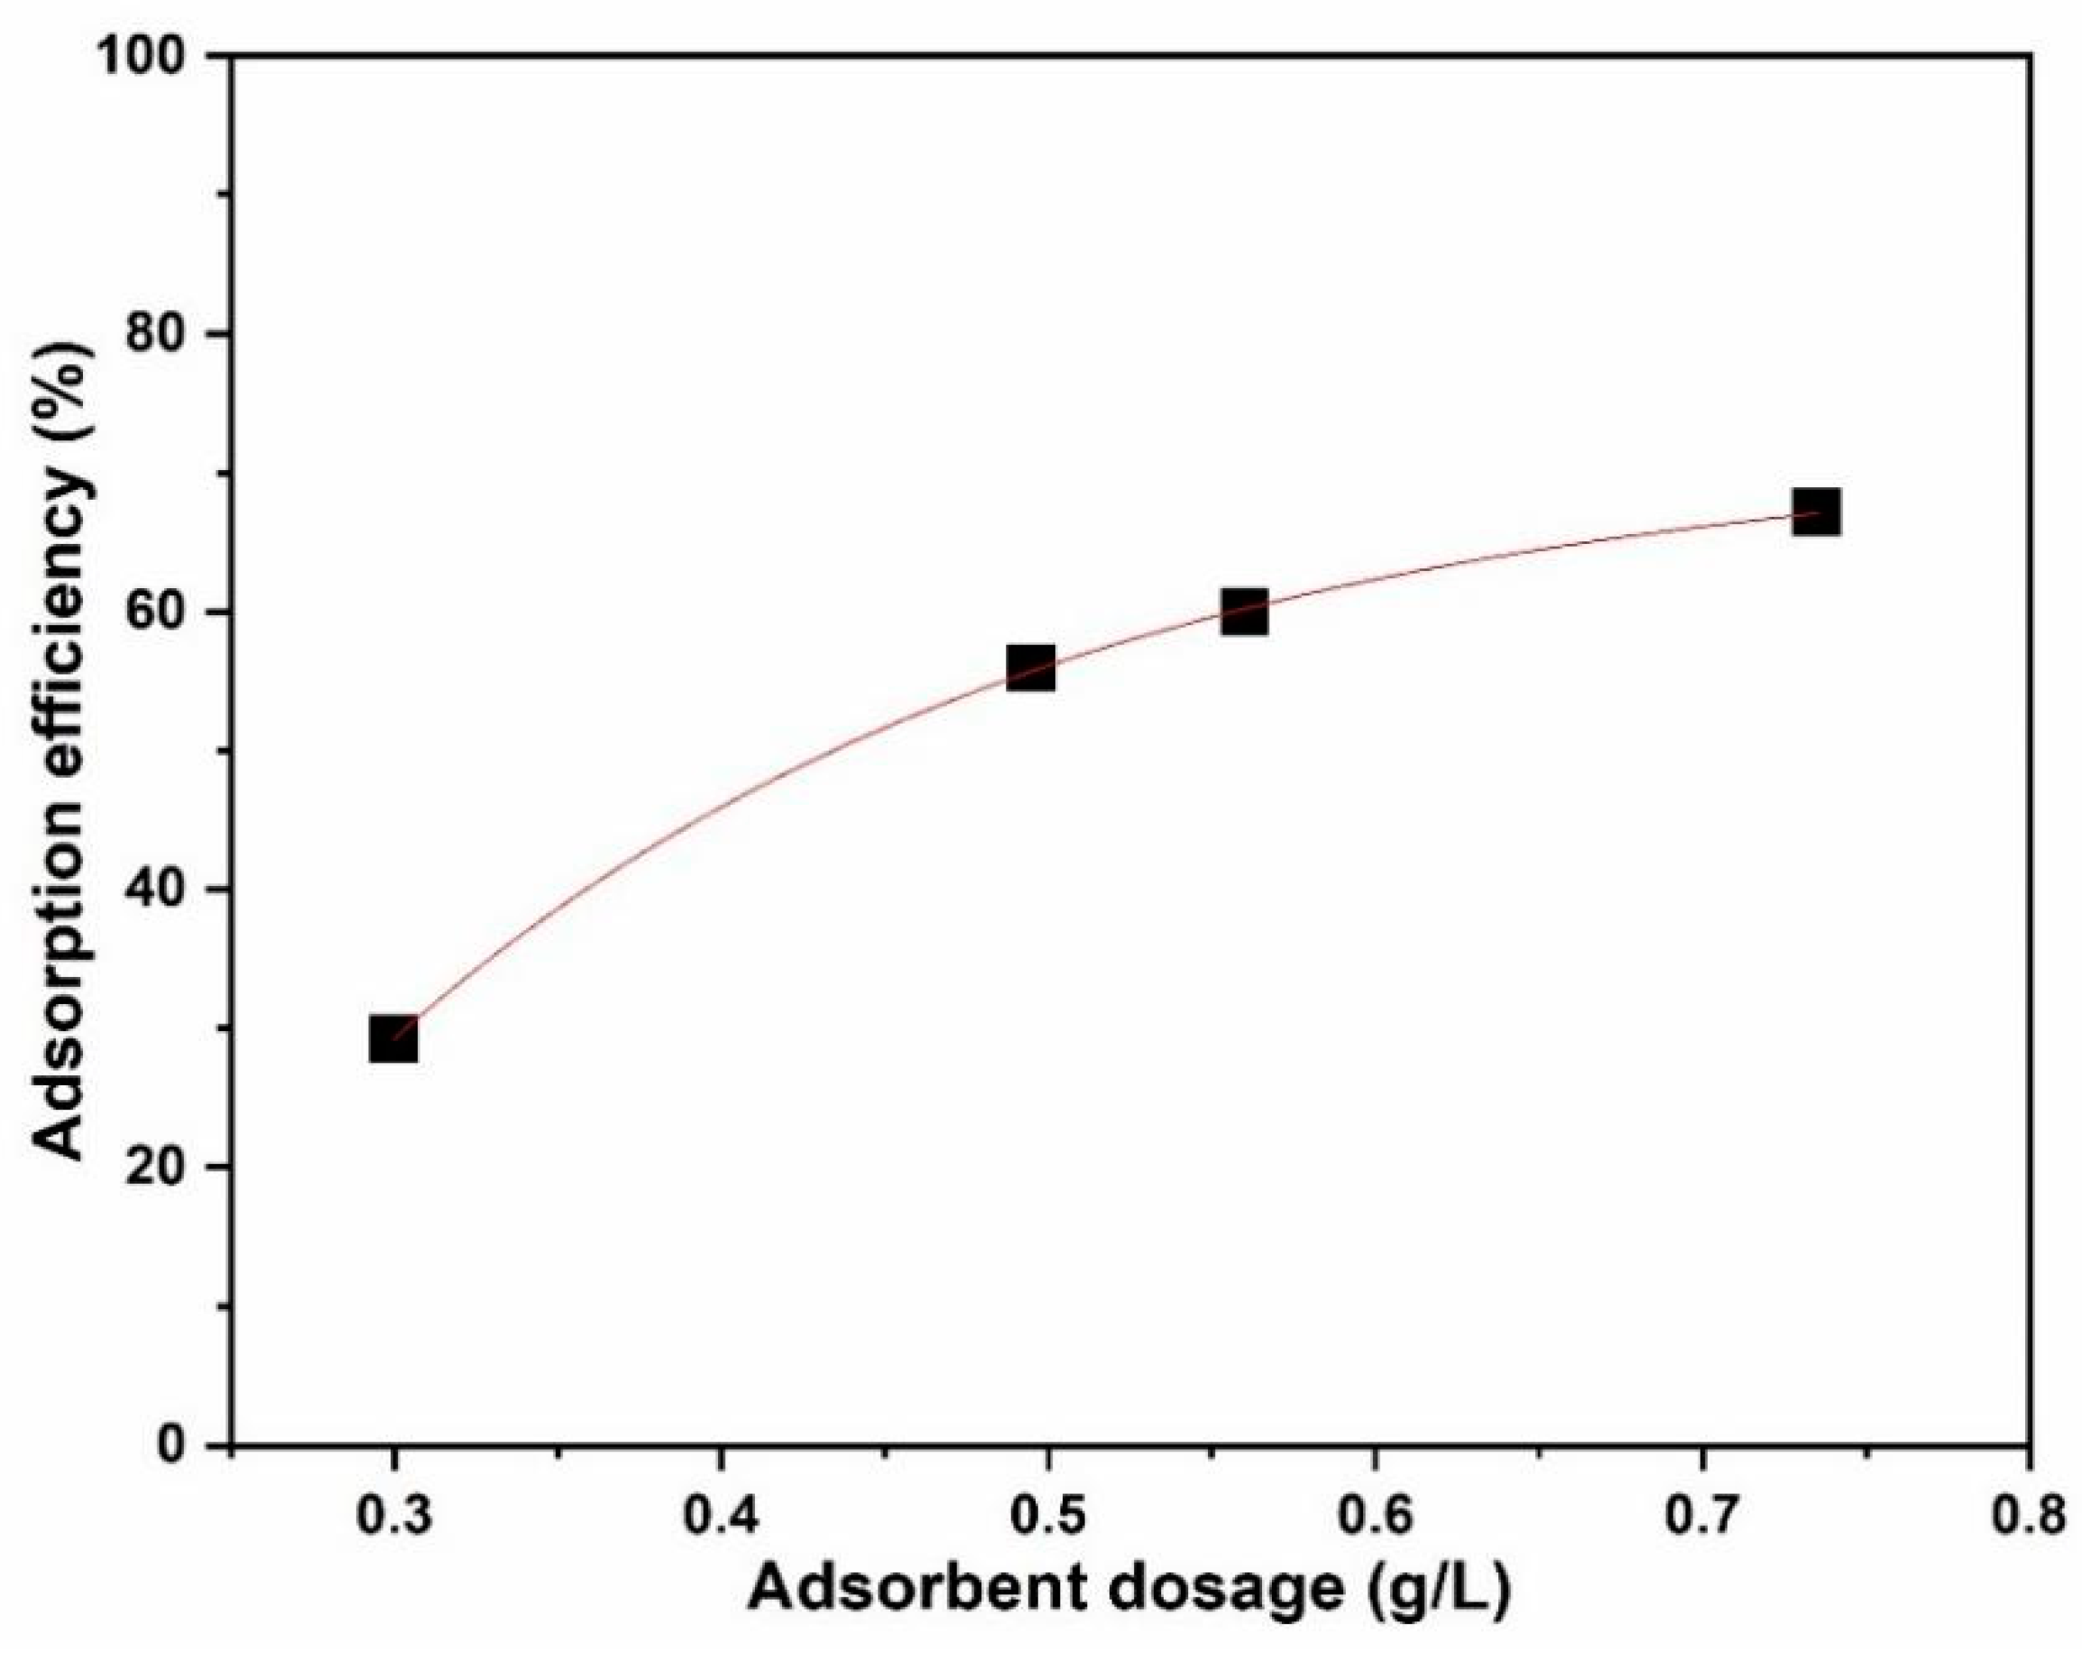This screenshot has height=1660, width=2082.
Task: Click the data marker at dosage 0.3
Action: tap(393, 1039)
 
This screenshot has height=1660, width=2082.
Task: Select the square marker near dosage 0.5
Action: tap(1030, 668)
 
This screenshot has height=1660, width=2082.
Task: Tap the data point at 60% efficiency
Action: tap(1244, 612)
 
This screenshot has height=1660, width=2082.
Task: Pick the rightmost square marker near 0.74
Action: tap(1816, 512)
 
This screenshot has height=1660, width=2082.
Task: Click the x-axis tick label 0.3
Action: tap(393, 1519)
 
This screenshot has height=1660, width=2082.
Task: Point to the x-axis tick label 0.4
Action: tap(721, 1519)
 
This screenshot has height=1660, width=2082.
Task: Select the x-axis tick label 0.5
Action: tap(1046, 1519)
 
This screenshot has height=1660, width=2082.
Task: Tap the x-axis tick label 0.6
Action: tap(1374, 1519)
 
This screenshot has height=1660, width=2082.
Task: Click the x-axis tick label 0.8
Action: tap(2026, 1519)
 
